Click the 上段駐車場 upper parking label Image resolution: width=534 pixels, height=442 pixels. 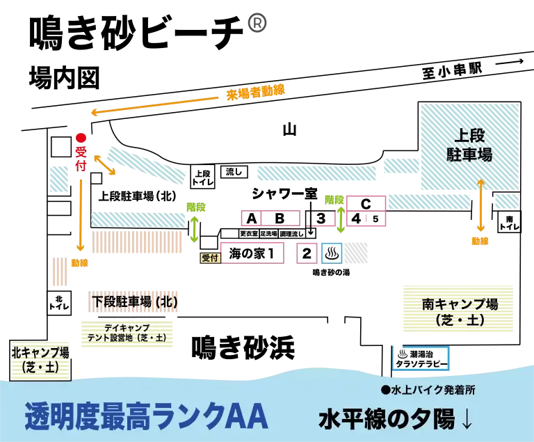pyautogui.click(x=469, y=145)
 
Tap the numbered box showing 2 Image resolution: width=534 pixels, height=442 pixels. pyautogui.click(x=307, y=253)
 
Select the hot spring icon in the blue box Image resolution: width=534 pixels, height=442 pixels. pyautogui.click(x=332, y=253)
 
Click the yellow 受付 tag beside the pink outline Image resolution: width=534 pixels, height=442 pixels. pyautogui.click(x=210, y=257)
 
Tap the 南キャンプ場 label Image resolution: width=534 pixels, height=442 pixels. pyautogui.click(x=459, y=312)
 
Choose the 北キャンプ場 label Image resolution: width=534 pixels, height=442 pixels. pyautogui.click(x=40, y=359)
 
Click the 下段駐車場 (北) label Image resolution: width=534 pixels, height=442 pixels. pyautogui.click(x=134, y=302)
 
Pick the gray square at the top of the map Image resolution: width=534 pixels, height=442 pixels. pyautogui.click(x=255, y=22)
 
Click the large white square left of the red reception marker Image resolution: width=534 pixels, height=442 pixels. pyautogui.click(x=61, y=147)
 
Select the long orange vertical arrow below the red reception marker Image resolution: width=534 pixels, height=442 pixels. pyautogui.click(x=81, y=216)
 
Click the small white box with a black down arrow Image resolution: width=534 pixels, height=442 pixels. pyautogui.click(x=310, y=233)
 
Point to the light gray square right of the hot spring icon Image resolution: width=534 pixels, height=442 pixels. pyautogui.click(x=359, y=253)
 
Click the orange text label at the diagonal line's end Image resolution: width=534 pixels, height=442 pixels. pyautogui.click(x=255, y=92)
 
